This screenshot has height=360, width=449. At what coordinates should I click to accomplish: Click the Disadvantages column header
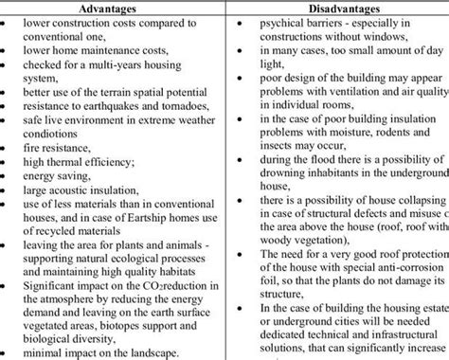point(336,7)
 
